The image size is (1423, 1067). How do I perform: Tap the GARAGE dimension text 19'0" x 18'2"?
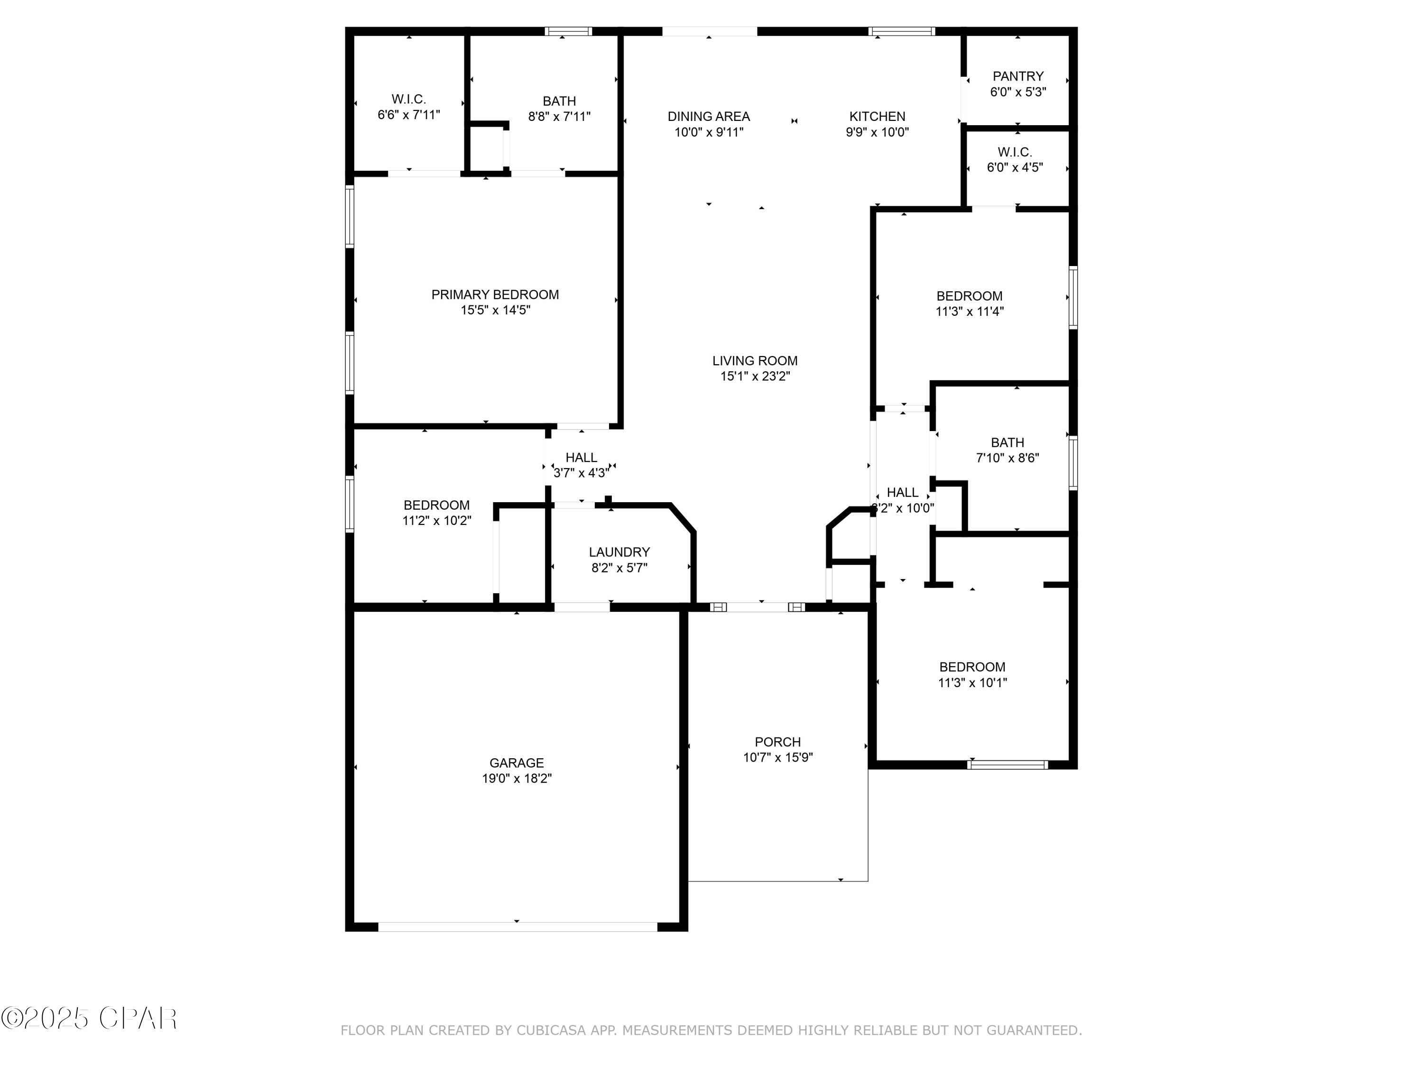click(517, 778)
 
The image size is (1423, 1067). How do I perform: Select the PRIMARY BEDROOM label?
click(495, 294)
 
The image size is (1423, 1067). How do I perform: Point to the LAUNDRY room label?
click(619, 552)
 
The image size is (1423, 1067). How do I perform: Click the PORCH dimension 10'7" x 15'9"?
click(778, 757)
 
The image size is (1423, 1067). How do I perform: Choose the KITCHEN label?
click(877, 116)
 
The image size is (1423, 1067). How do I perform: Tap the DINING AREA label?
click(708, 116)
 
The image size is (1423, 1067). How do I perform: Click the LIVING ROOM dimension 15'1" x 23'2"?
click(755, 376)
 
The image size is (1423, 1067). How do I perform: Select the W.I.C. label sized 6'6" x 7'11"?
click(408, 99)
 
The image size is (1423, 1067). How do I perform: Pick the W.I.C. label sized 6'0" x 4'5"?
click(1015, 152)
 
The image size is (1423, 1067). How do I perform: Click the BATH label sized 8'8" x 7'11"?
click(559, 101)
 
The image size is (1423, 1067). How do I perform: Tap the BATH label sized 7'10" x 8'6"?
click(1007, 442)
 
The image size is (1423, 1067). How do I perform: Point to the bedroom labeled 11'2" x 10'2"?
click(436, 505)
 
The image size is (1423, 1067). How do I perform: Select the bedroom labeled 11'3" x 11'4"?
click(969, 296)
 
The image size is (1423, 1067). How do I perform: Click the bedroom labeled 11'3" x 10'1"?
click(971, 667)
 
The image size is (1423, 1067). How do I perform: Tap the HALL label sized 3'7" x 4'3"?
click(581, 457)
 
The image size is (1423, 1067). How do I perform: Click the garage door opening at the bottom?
click(517, 926)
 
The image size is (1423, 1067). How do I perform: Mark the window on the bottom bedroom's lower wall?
click(1007, 765)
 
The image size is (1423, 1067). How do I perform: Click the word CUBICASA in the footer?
click(551, 1030)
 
